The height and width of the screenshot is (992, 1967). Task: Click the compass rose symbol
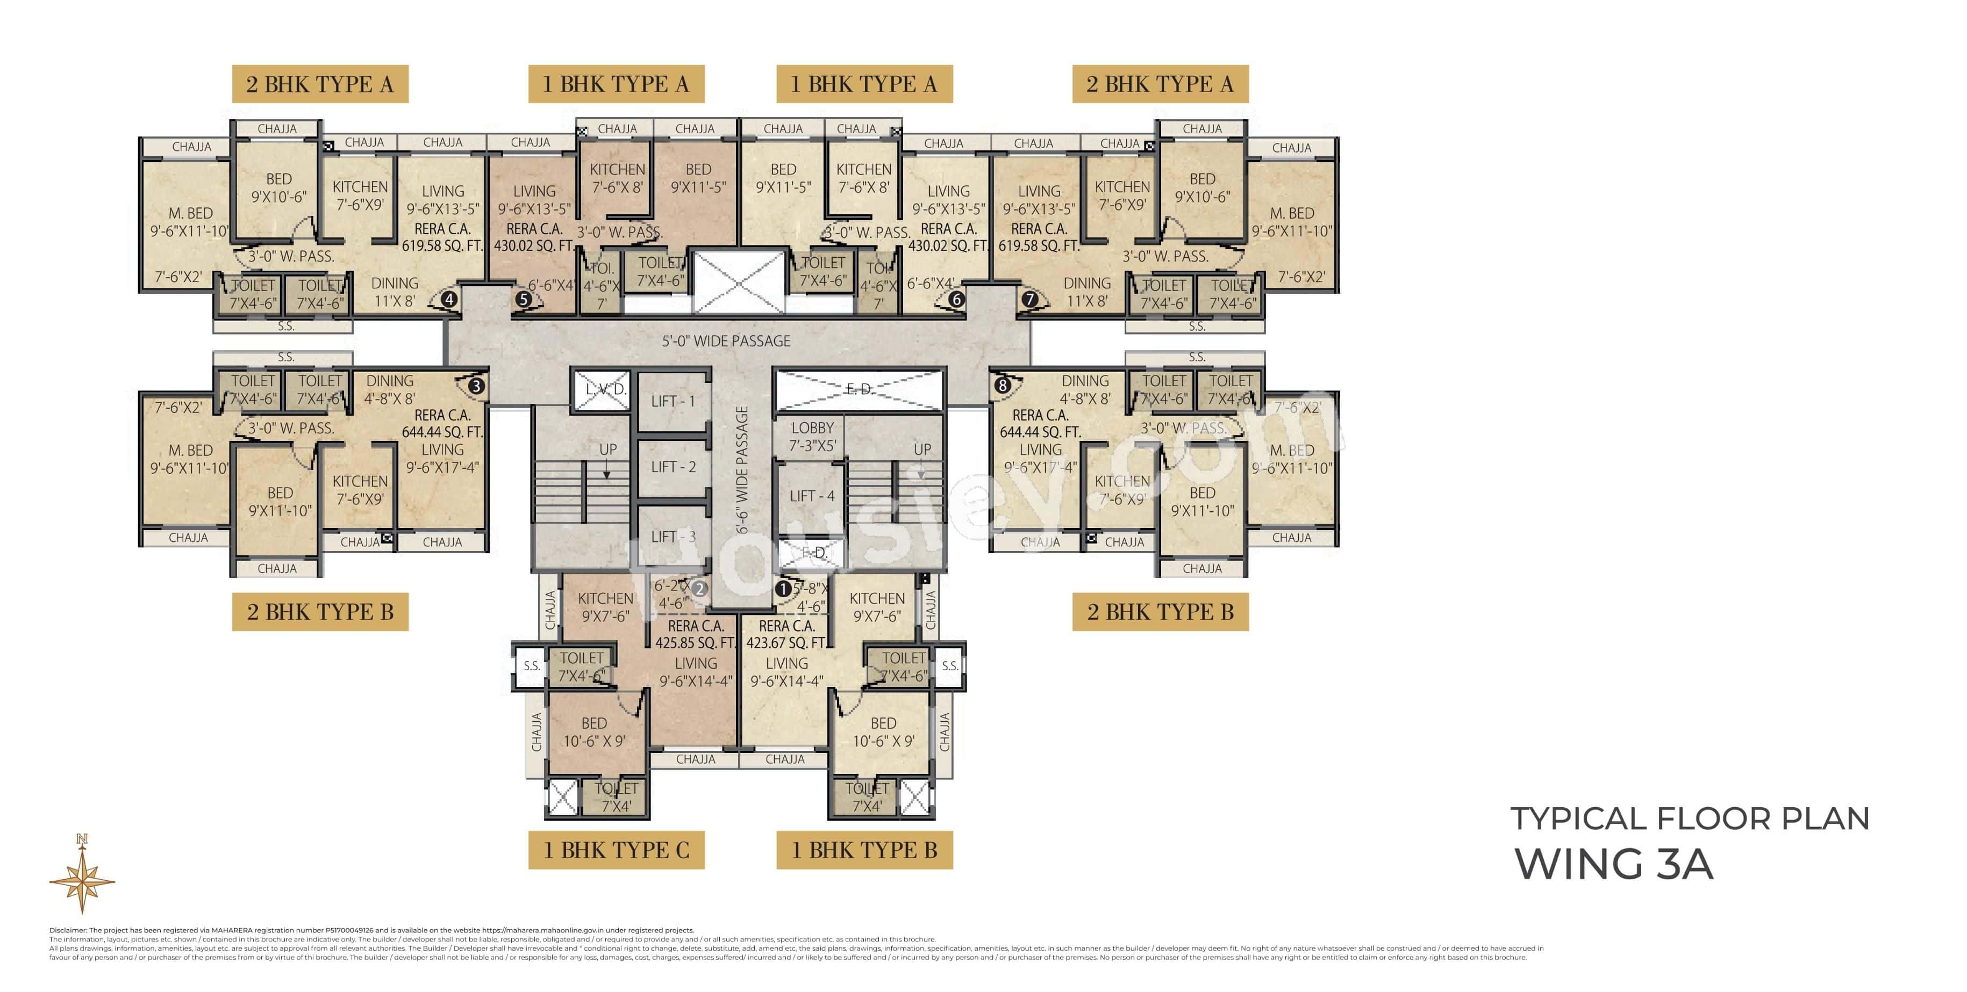pyautogui.click(x=82, y=878)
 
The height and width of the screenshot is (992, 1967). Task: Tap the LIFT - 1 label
pyautogui.click(x=673, y=401)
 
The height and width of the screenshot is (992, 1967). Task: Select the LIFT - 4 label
pyautogui.click(x=812, y=496)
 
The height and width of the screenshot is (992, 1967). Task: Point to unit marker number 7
pyautogui.click(x=1030, y=299)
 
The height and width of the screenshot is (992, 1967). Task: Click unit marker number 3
pyautogui.click(x=476, y=386)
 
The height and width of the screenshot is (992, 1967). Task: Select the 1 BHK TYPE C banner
pyautogui.click(x=616, y=850)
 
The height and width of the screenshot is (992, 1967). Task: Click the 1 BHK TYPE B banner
pyautogui.click(x=864, y=850)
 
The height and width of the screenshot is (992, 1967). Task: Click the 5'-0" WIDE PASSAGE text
pyautogui.click(x=726, y=341)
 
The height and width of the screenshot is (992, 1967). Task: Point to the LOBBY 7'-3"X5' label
pyautogui.click(x=812, y=437)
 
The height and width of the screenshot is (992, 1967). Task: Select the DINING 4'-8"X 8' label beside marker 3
pyautogui.click(x=389, y=389)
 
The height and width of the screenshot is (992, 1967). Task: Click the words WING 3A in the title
pyautogui.click(x=1613, y=864)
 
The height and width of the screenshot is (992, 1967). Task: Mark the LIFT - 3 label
pyautogui.click(x=673, y=537)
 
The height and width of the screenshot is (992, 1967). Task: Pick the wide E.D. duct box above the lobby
pyautogui.click(x=859, y=389)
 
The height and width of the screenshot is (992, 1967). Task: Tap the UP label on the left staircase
pyautogui.click(x=608, y=450)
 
